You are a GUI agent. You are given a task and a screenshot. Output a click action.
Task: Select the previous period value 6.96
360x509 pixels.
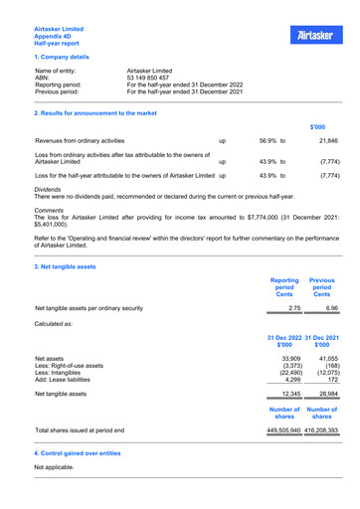click(330, 309)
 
